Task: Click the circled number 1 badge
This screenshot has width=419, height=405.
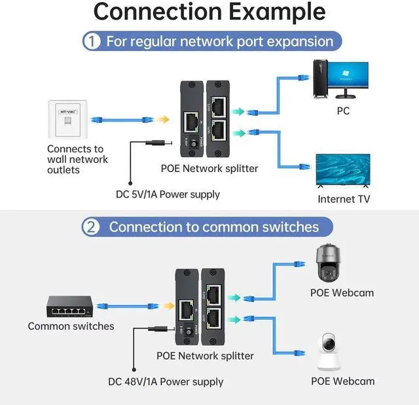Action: [92, 41]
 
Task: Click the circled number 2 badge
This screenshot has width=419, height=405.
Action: [91, 227]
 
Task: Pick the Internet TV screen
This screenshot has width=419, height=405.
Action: [343, 171]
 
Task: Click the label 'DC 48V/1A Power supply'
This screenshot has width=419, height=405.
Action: [166, 381]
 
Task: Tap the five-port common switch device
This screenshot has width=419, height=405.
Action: [68, 305]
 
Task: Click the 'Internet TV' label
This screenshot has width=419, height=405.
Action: [344, 199]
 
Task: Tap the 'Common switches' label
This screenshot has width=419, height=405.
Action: [71, 326]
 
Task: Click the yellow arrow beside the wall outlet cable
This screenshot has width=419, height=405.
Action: [163, 120]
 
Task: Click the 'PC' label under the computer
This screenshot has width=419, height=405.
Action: [343, 111]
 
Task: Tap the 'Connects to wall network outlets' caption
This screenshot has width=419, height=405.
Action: [77, 159]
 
